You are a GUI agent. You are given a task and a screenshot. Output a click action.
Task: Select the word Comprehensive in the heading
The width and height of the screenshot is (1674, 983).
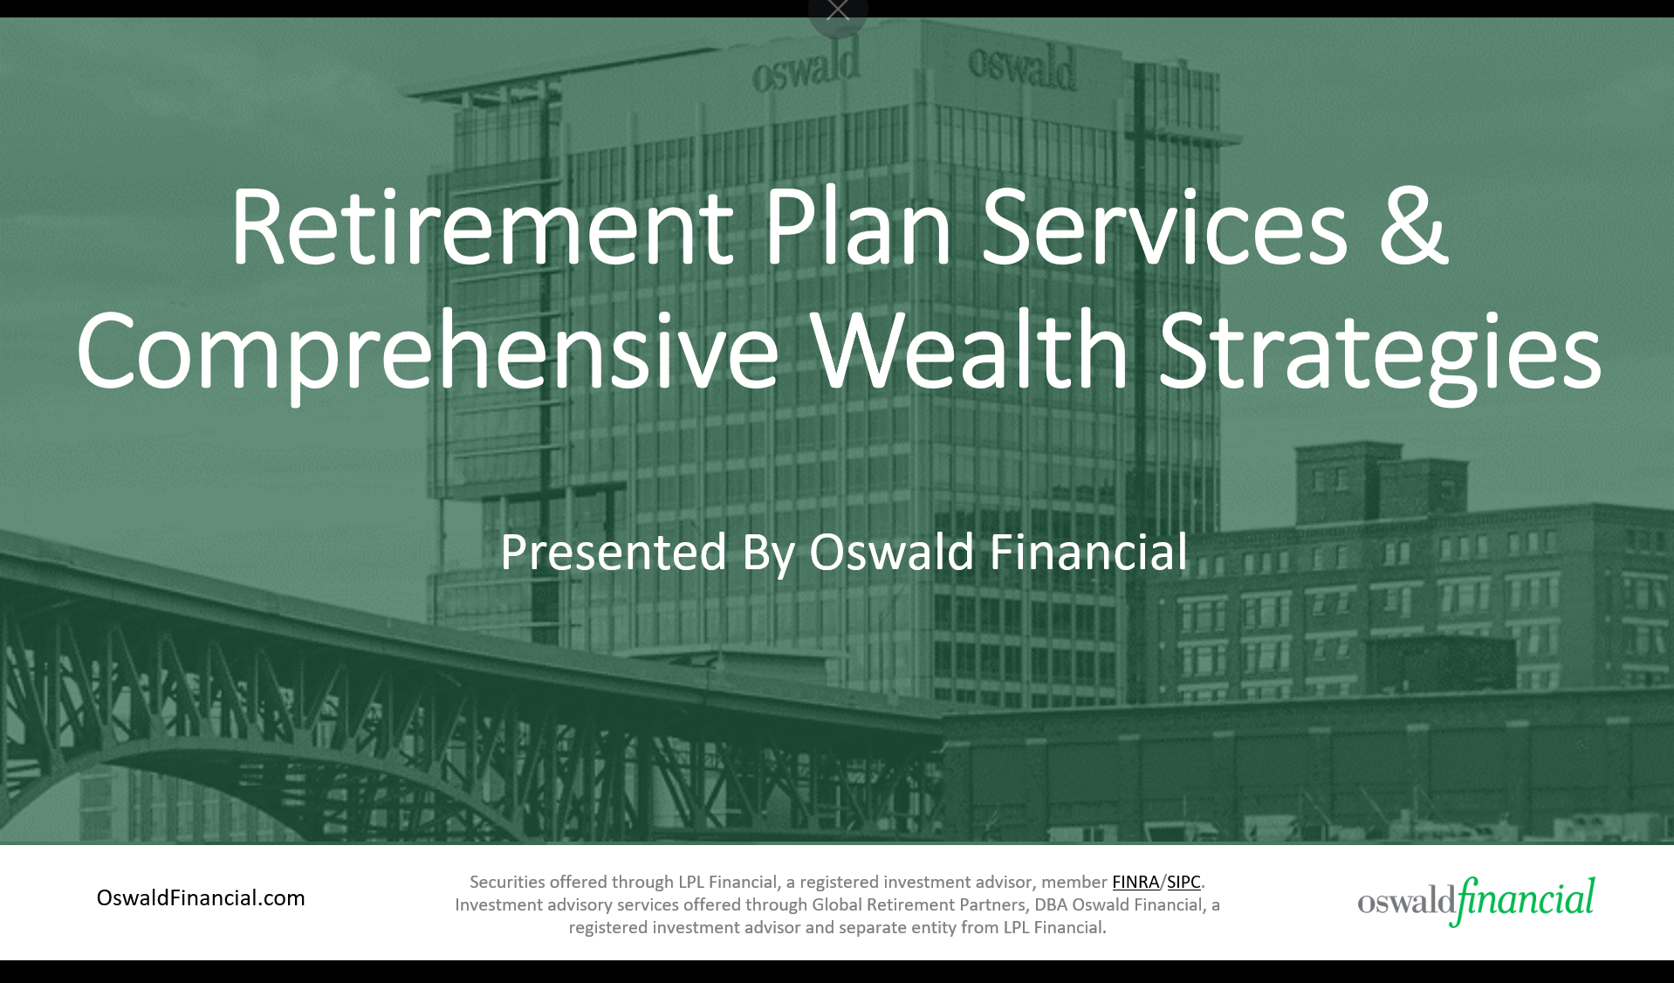click(x=427, y=353)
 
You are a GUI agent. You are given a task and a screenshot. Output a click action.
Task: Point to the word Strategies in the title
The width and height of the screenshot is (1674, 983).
click(x=1379, y=353)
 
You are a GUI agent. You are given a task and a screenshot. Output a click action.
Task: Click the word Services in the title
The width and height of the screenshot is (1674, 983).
click(x=1165, y=229)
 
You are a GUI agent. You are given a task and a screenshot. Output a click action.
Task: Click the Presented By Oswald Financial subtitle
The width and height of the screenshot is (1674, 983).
click(x=843, y=553)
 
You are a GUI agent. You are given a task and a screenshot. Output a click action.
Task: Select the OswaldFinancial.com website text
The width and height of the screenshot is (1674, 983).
click(x=201, y=897)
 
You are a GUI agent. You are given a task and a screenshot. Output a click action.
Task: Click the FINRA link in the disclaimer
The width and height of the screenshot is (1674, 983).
click(x=1135, y=882)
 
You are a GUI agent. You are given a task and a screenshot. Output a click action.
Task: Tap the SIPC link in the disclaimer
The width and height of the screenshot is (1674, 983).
click(x=1183, y=882)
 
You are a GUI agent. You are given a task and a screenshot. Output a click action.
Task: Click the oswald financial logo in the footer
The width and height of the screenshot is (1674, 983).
click(x=1475, y=900)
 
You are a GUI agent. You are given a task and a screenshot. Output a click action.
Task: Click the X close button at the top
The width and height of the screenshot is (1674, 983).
click(x=838, y=10)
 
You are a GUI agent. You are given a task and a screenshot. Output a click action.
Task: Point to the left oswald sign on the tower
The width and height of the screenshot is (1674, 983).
click(x=805, y=68)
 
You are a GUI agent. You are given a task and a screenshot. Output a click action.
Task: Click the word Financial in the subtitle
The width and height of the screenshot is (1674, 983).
click(x=1087, y=553)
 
